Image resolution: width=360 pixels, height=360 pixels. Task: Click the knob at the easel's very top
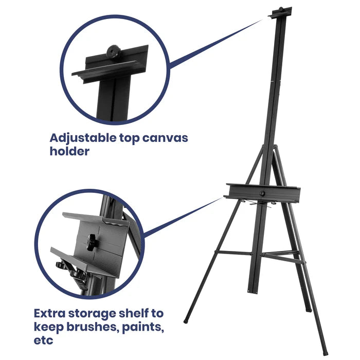[281, 10]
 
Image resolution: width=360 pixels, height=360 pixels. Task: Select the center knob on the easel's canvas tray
[262, 193]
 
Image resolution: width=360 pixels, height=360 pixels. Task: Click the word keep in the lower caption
[52, 327]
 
